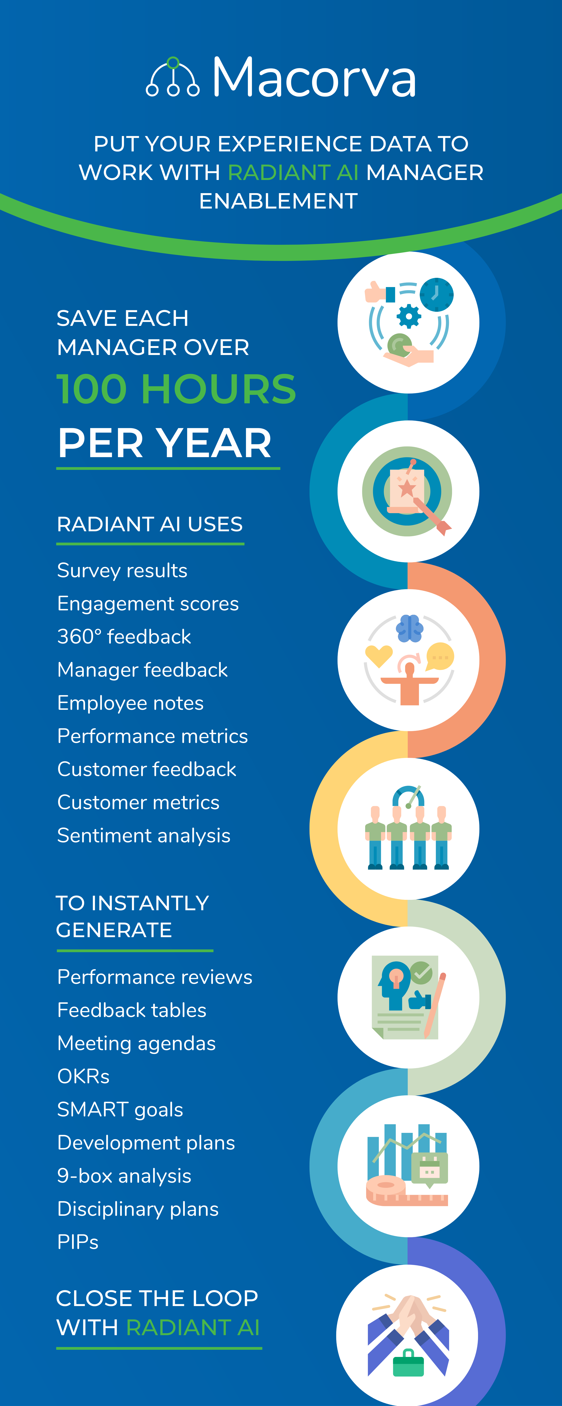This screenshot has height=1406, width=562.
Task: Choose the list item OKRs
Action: click(x=83, y=1076)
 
